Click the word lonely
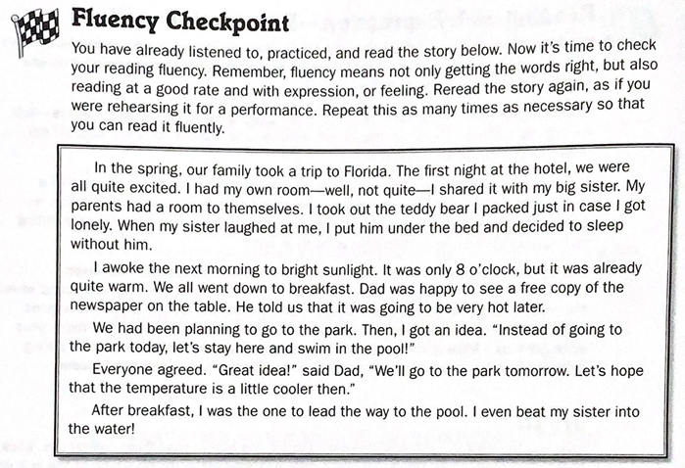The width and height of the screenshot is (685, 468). click(x=93, y=225)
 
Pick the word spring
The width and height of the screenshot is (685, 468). click(x=166, y=166)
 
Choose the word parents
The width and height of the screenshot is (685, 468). click(x=95, y=206)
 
